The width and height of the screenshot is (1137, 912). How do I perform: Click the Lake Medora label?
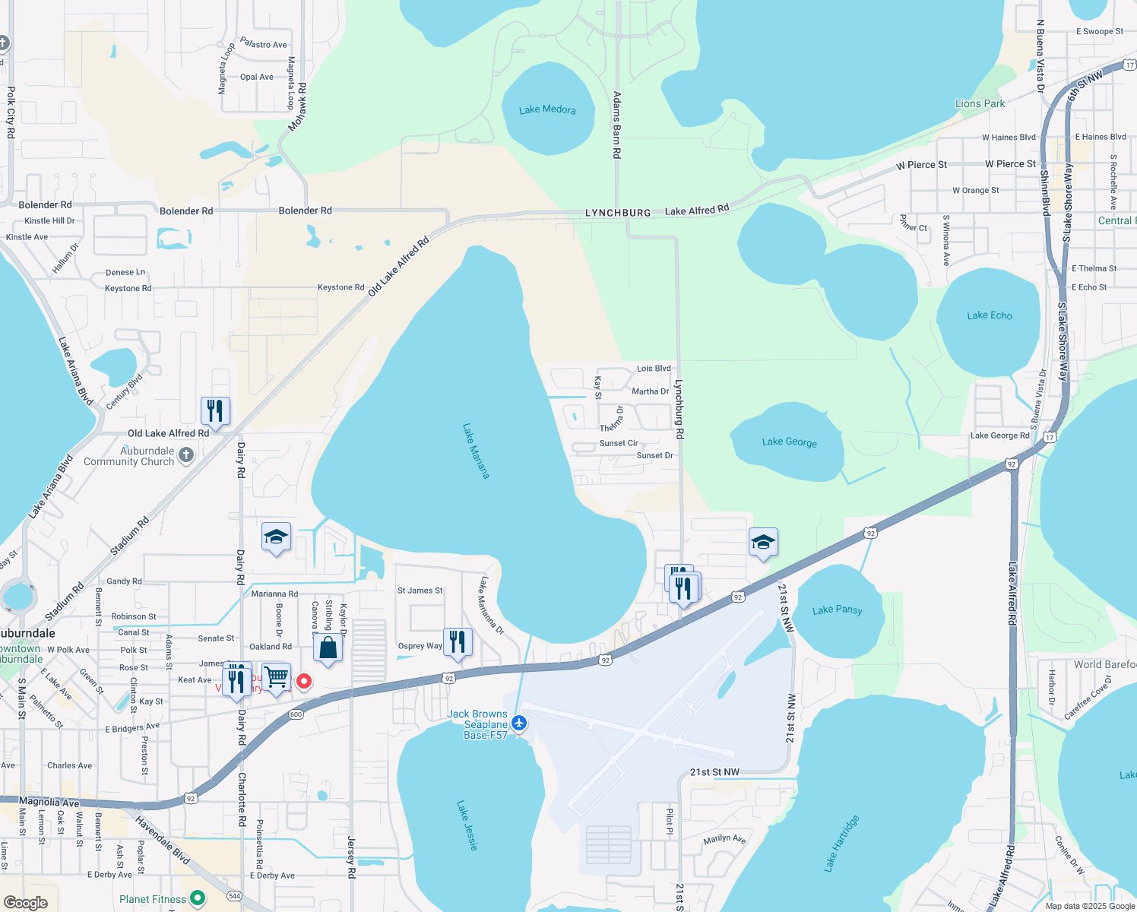[x=547, y=109]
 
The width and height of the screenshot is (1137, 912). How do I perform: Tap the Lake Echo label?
[x=990, y=315]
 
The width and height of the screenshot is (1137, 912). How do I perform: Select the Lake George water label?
[x=790, y=442]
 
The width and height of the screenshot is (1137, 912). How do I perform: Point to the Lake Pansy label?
[x=838, y=610]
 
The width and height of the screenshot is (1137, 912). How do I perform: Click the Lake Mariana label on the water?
[x=476, y=451]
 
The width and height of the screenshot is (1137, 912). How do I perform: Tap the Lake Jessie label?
[x=467, y=825]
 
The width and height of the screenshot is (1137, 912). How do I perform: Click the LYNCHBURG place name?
[x=618, y=213]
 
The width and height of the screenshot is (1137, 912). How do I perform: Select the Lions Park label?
[x=980, y=103]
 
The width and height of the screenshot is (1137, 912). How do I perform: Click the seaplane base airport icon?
[x=519, y=723]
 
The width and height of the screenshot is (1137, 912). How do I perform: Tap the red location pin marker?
[x=304, y=680]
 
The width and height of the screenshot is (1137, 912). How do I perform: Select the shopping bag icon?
[x=328, y=648]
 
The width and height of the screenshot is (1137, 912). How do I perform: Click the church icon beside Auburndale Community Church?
[x=186, y=454]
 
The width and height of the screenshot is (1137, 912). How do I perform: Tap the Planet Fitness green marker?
[x=198, y=898]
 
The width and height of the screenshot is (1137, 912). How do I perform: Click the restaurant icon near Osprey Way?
[x=458, y=642]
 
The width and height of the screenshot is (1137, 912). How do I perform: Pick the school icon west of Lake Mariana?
[x=276, y=538]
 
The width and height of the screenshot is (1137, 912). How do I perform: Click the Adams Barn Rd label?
[x=617, y=125]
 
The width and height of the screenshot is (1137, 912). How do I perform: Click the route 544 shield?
[x=234, y=895]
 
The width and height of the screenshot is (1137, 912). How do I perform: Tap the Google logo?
[x=26, y=903]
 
